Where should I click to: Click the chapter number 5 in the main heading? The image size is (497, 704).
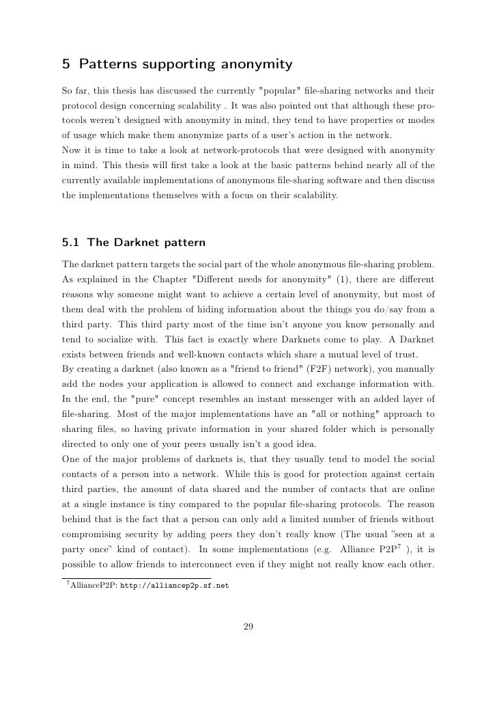click(66, 65)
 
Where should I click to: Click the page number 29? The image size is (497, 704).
click(248, 625)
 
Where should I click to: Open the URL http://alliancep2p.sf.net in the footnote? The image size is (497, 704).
click(174, 586)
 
